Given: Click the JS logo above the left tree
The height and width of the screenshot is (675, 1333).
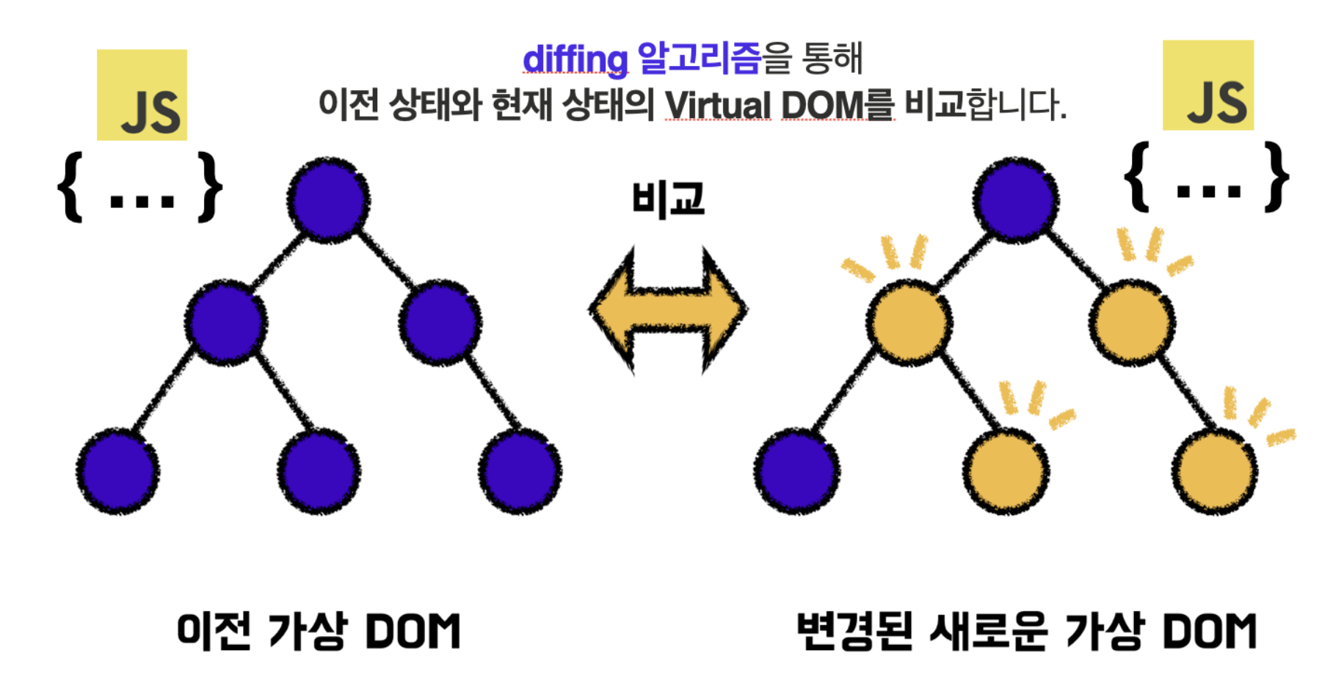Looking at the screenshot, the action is [x=142, y=95].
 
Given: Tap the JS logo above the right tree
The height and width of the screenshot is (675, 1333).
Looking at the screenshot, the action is [x=1207, y=85].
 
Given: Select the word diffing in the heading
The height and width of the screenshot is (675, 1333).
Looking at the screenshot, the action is [x=575, y=59].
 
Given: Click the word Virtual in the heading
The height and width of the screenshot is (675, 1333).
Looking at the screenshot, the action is [x=718, y=105].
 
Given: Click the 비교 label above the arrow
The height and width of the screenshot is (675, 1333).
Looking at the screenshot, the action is [x=668, y=199].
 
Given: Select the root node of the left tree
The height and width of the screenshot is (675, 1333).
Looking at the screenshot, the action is [x=328, y=199].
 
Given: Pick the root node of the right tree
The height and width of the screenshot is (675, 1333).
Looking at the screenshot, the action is [x=1015, y=199].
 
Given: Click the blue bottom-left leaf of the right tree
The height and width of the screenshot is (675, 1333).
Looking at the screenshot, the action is [x=796, y=470].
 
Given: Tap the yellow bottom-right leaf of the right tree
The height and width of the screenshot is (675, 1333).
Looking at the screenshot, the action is [x=1213, y=470].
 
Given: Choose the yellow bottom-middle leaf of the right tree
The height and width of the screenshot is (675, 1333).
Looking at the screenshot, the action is [x=1005, y=470].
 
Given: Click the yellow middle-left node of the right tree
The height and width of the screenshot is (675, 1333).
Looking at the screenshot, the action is [x=909, y=321].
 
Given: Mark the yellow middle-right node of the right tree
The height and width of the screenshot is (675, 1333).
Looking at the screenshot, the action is [x=1131, y=321].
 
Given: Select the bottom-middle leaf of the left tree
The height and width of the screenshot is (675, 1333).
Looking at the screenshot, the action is [x=319, y=470].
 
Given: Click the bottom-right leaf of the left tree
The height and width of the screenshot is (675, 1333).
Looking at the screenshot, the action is [x=520, y=470].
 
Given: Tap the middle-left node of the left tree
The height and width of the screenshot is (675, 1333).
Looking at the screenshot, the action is [x=225, y=321].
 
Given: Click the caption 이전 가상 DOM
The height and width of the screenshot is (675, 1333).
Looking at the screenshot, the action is [x=319, y=631].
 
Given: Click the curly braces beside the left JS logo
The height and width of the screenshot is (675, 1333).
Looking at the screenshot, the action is [x=139, y=186].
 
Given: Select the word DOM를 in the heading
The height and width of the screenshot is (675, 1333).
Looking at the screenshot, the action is [x=838, y=105].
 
